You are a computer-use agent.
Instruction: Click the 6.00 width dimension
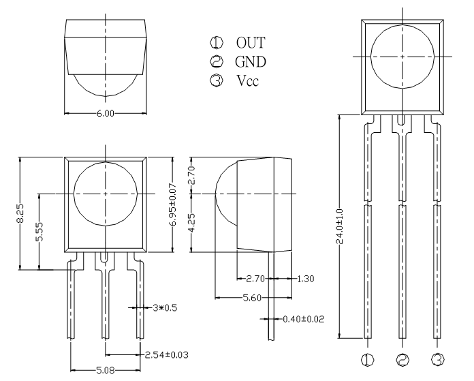pyautogui.click(x=106, y=114)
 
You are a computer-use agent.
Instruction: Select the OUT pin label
pyautogui.click(x=251, y=43)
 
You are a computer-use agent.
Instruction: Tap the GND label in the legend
pyautogui.click(x=251, y=62)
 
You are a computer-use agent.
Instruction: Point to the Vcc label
pyautogui.click(x=248, y=81)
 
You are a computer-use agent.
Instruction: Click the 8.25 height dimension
pyautogui.click(x=20, y=213)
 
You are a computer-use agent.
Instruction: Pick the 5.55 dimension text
pyautogui.click(x=39, y=232)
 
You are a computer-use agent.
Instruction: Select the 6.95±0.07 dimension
pyautogui.click(x=173, y=204)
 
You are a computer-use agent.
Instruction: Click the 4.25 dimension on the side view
pyautogui.click(x=191, y=223)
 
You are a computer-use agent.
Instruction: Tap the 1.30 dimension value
pyautogui.click(x=306, y=279)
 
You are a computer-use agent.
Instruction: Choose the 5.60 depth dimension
pyautogui.click(x=252, y=298)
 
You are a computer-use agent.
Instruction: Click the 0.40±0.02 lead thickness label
pyautogui.click(x=304, y=319)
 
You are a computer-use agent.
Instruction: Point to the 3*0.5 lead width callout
pyautogui.click(x=165, y=308)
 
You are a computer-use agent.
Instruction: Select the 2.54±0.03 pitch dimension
pyautogui.click(x=167, y=354)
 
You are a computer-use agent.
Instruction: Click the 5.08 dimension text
pyautogui.click(x=106, y=370)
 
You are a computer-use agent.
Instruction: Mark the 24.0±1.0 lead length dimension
pyautogui.click(x=340, y=226)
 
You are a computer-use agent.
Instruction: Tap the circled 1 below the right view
pyautogui.click(x=368, y=360)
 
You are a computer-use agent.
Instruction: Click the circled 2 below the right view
pyautogui.click(x=402, y=360)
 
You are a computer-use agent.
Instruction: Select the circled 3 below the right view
pyautogui.click(x=438, y=360)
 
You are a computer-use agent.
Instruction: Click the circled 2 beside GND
pyautogui.click(x=217, y=62)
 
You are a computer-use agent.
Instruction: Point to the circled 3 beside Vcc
pyautogui.click(x=217, y=81)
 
